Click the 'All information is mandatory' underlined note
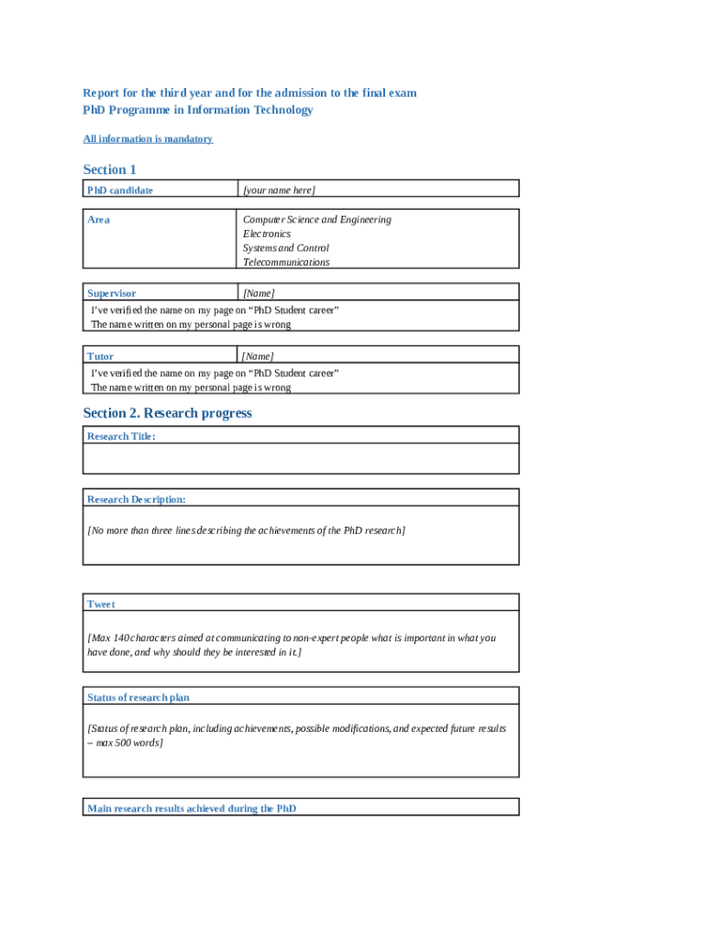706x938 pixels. (x=148, y=139)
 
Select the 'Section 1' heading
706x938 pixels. (x=110, y=169)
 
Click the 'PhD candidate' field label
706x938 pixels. (x=120, y=191)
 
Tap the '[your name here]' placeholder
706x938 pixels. (x=279, y=191)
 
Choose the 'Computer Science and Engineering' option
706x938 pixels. (x=316, y=220)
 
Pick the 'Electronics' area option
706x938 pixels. (x=267, y=234)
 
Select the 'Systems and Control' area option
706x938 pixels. (x=285, y=248)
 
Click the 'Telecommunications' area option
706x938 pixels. (x=286, y=262)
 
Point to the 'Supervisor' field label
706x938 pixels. (x=111, y=293)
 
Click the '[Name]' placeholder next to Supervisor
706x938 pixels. (x=259, y=293)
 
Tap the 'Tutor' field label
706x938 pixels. (x=100, y=355)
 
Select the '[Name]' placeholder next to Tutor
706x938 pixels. (x=259, y=355)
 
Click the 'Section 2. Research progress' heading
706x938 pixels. (x=167, y=413)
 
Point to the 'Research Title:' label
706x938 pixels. (x=121, y=436)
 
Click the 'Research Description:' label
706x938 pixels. (x=137, y=499)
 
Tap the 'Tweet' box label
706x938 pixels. (x=101, y=604)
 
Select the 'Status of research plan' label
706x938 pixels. (x=138, y=697)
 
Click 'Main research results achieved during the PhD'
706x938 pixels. (x=192, y=808)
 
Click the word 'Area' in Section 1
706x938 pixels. (x=98, y=220)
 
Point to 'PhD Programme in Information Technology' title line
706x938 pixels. (x=198, y=110)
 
